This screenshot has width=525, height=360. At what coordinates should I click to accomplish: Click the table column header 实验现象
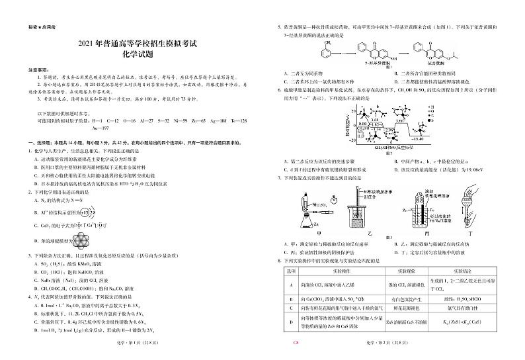click(x=405, y=272)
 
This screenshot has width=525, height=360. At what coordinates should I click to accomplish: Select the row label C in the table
click(x=292, y=308)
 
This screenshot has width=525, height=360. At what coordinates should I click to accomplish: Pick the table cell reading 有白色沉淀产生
click(x=405, y=299)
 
